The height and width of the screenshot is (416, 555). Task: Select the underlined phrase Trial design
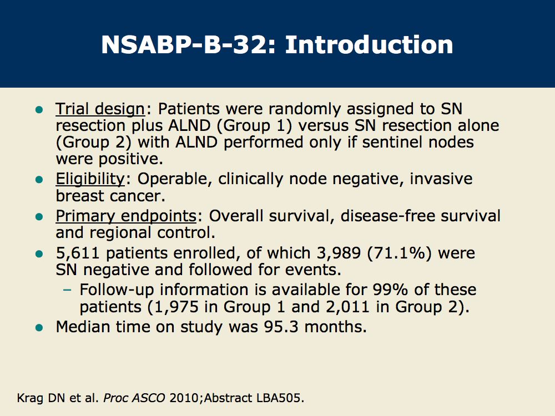coord(100,109)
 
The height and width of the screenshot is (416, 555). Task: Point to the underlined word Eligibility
coord(90,179)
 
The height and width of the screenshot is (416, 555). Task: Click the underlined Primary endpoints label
coord(126,216)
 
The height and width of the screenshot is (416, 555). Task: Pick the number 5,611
coord(78,253)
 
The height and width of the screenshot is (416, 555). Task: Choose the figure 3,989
coord(339,253)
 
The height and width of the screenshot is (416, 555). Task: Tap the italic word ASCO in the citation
coord(148,398)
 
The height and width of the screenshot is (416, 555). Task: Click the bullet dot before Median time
coord(39,328)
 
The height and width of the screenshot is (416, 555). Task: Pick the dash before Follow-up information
coord(67,290)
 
